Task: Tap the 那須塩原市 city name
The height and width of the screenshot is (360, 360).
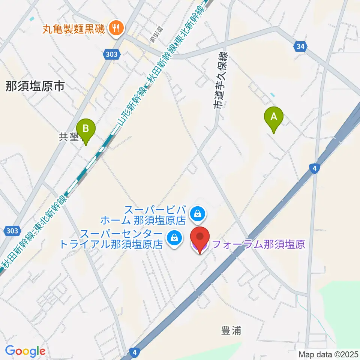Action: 35,87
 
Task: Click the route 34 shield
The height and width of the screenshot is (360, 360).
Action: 300,46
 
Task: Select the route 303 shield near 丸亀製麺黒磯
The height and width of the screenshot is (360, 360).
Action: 111,54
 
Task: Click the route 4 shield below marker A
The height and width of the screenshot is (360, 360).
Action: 315,169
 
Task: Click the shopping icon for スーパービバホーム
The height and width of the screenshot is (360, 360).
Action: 197,214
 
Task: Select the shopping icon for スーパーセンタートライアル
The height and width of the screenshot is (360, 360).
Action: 174,237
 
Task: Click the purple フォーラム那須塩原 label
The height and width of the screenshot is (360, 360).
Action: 258,245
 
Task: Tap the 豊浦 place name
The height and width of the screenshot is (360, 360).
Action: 231,330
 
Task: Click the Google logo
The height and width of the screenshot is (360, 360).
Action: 25,351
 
